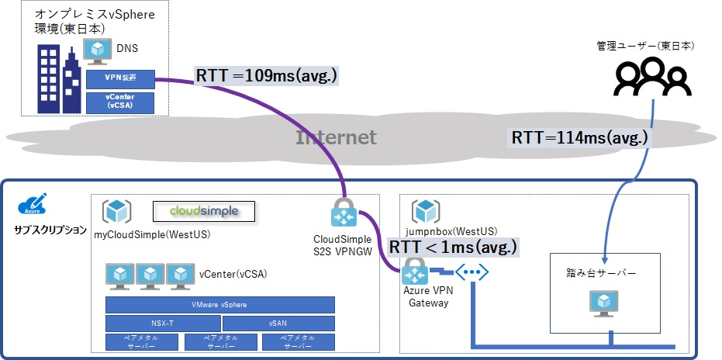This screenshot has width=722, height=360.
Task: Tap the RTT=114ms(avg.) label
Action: (579, 138)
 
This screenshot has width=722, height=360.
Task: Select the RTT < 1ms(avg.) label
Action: (453, 247)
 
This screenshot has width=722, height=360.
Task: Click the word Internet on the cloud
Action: (336, 138)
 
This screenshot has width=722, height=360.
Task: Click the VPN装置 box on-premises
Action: (120, 78)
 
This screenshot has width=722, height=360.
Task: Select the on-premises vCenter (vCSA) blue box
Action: (120, 102)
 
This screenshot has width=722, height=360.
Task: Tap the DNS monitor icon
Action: (98, 50)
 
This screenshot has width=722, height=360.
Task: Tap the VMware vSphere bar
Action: (220, 305)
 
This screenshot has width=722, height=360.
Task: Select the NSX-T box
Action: (162, 323)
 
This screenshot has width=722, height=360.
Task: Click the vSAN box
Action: (278, 323)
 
